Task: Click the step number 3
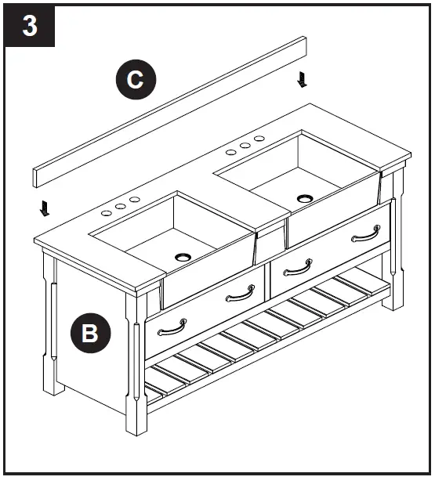30,26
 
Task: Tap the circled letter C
135,80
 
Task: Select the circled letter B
90,334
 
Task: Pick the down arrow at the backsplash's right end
303,79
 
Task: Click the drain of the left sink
183,256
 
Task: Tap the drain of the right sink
304,197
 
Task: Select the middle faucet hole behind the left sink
121,206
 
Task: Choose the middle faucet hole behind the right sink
245,146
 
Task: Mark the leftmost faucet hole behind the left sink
107,211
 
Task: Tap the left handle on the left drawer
172,325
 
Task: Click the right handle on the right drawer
365,234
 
